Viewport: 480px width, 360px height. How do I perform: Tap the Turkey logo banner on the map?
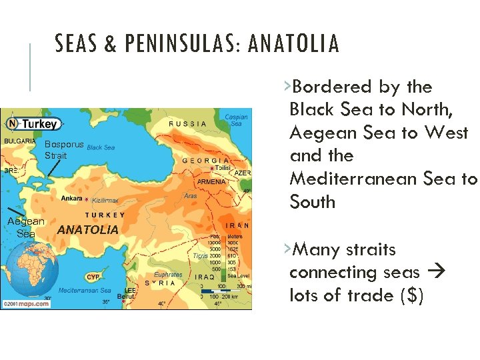tap(33, 124)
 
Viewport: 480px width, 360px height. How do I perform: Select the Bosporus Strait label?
tap(64, 149)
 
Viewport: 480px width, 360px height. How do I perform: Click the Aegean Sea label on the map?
tap(26, 227)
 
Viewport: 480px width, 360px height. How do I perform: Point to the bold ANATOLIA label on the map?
tap(88, 229)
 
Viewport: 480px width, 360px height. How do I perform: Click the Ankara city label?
tap(72, 199)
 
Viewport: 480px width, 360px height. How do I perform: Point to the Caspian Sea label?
tap(236, 120)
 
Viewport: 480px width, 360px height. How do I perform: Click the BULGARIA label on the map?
tap(19, 141)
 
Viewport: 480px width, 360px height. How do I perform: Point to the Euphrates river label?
tap(168, 274)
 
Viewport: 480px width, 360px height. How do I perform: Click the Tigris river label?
tap(201, 256)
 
